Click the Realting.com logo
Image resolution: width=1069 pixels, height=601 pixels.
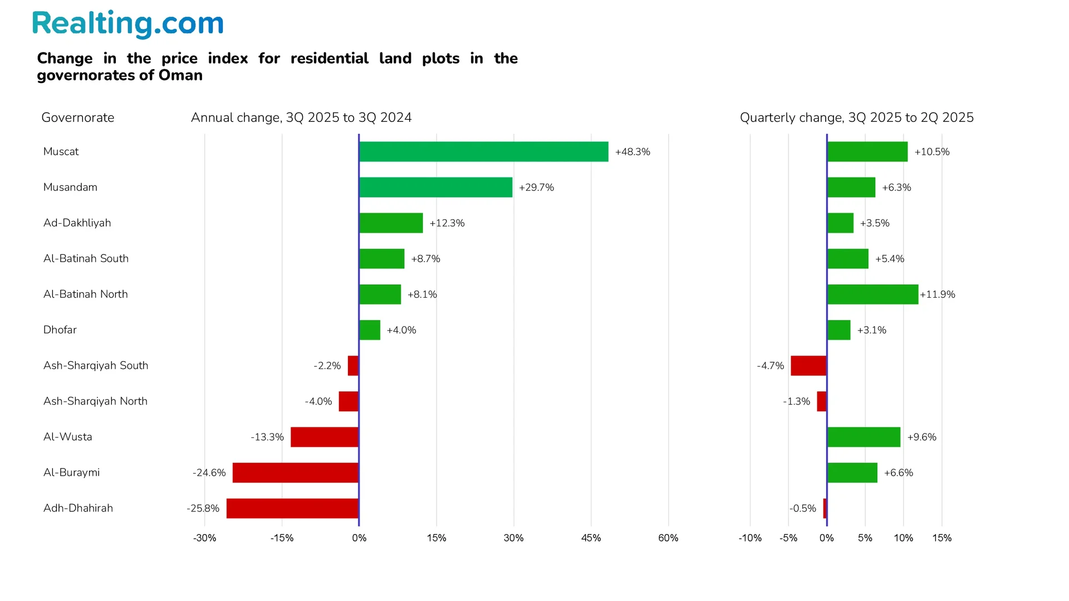128,24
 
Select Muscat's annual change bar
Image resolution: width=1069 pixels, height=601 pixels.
483,152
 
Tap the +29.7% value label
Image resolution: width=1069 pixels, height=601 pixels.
536,188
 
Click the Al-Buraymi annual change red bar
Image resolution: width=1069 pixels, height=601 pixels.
295,472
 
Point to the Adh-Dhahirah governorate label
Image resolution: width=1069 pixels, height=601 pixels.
78,508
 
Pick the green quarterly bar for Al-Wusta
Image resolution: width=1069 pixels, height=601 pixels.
864,437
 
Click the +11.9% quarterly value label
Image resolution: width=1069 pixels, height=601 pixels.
938,294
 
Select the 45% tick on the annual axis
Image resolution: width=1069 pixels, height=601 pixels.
591,538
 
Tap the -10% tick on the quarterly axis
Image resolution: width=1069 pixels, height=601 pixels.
749,538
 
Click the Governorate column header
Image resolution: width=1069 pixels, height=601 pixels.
77,117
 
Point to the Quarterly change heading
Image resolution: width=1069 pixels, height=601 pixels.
856,117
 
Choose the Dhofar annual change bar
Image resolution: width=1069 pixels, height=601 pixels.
370,330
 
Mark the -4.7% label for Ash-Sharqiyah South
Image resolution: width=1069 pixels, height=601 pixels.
770,366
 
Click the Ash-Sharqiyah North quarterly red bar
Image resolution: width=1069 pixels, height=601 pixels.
821,401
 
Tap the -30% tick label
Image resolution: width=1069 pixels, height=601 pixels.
204,538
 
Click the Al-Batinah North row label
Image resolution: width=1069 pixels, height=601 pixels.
85,294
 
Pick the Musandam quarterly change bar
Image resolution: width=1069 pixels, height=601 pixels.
851,188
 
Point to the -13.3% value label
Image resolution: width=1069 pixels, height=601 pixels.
267,437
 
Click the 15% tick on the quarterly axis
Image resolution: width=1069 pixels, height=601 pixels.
941,538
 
